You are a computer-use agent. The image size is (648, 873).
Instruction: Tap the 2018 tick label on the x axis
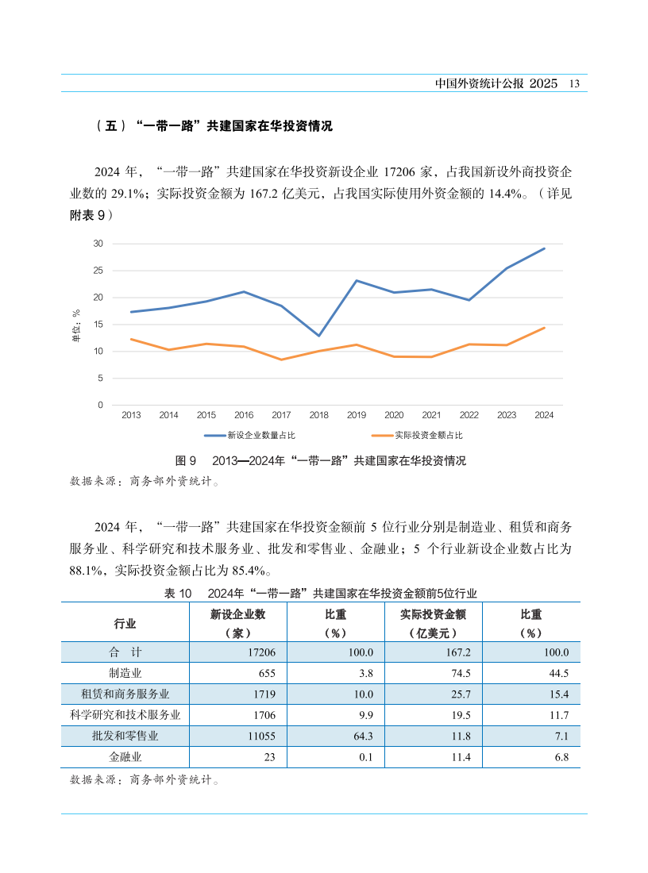point(318,415)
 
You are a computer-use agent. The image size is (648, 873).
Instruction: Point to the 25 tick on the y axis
point(98,271)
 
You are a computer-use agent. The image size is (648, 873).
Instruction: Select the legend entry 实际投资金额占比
point(428,436)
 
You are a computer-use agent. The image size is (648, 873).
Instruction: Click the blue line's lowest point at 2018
point(318,336)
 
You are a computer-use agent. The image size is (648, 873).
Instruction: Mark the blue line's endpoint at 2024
point(544,248)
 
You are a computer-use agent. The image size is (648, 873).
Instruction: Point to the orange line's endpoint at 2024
point(544,328)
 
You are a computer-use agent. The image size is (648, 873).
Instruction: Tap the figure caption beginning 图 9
point(320,461)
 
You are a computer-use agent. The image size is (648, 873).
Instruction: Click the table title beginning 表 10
point(320,593)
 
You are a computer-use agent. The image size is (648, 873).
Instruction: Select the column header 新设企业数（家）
point(237,623)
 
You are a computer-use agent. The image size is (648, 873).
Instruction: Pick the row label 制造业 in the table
point(125,673)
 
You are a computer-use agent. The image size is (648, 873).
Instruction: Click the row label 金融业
point(125,757)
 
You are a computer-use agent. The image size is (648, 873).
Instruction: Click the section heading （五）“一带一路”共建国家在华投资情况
point(213,126)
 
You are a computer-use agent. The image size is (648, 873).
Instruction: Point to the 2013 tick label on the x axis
point(131,415)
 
